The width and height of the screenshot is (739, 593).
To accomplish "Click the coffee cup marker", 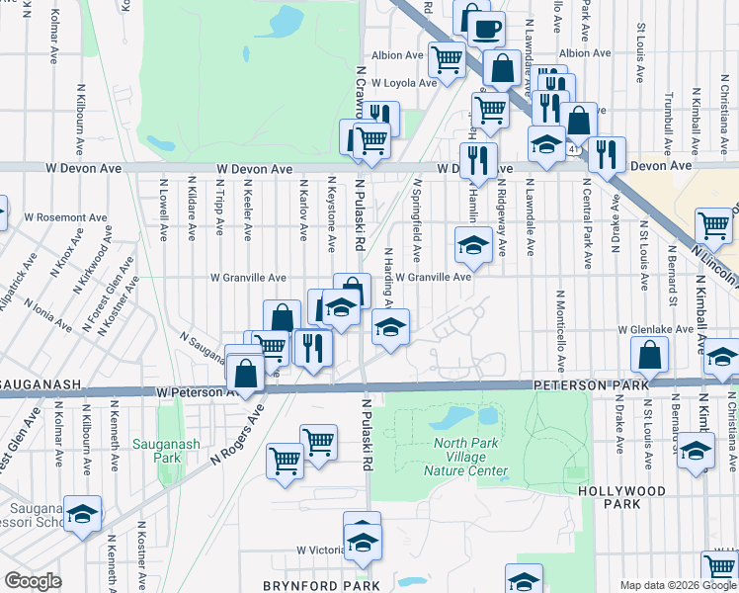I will coord(485,28).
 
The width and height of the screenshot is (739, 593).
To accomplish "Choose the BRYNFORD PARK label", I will coord(321,585).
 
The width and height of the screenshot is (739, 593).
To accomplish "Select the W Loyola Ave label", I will coord(403,83).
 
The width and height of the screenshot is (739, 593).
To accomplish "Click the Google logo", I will coord(33,581).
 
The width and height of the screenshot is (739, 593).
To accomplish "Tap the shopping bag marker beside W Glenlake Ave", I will coord(650,355).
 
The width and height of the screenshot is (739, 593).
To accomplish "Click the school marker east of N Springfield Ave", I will coord(473,245).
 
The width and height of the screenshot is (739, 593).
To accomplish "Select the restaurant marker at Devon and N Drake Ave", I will coord(607,153).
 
